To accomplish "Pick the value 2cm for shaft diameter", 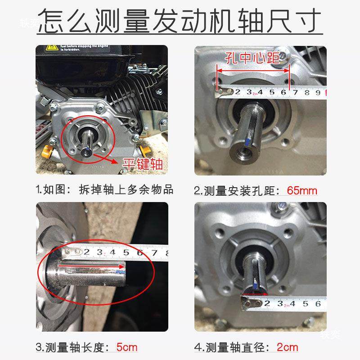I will coord(287,347).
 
